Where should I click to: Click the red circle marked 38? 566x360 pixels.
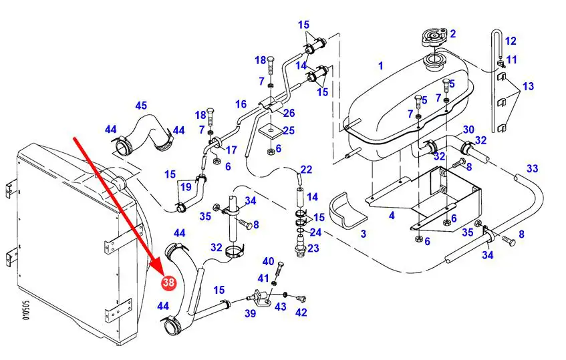pos(168,283)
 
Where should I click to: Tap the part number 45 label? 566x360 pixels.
pos(141,106)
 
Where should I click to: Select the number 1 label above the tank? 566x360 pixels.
pos(381,65)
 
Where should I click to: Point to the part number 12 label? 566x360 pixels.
pos(511,41)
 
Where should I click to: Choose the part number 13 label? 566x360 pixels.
pos(528,86)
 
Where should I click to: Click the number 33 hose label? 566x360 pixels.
pos(532,168)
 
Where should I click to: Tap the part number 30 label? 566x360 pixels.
pos(468,129)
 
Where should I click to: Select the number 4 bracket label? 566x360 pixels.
pos(392,216)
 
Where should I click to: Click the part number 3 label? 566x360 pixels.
pos(364,234)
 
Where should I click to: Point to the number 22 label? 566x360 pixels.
pos(306,169)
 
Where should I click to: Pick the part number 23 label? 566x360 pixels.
pos(313,248)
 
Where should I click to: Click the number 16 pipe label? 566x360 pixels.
pos(241,104)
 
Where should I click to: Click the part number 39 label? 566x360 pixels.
pos(250,313)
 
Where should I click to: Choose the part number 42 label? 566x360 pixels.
pos(301,312)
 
